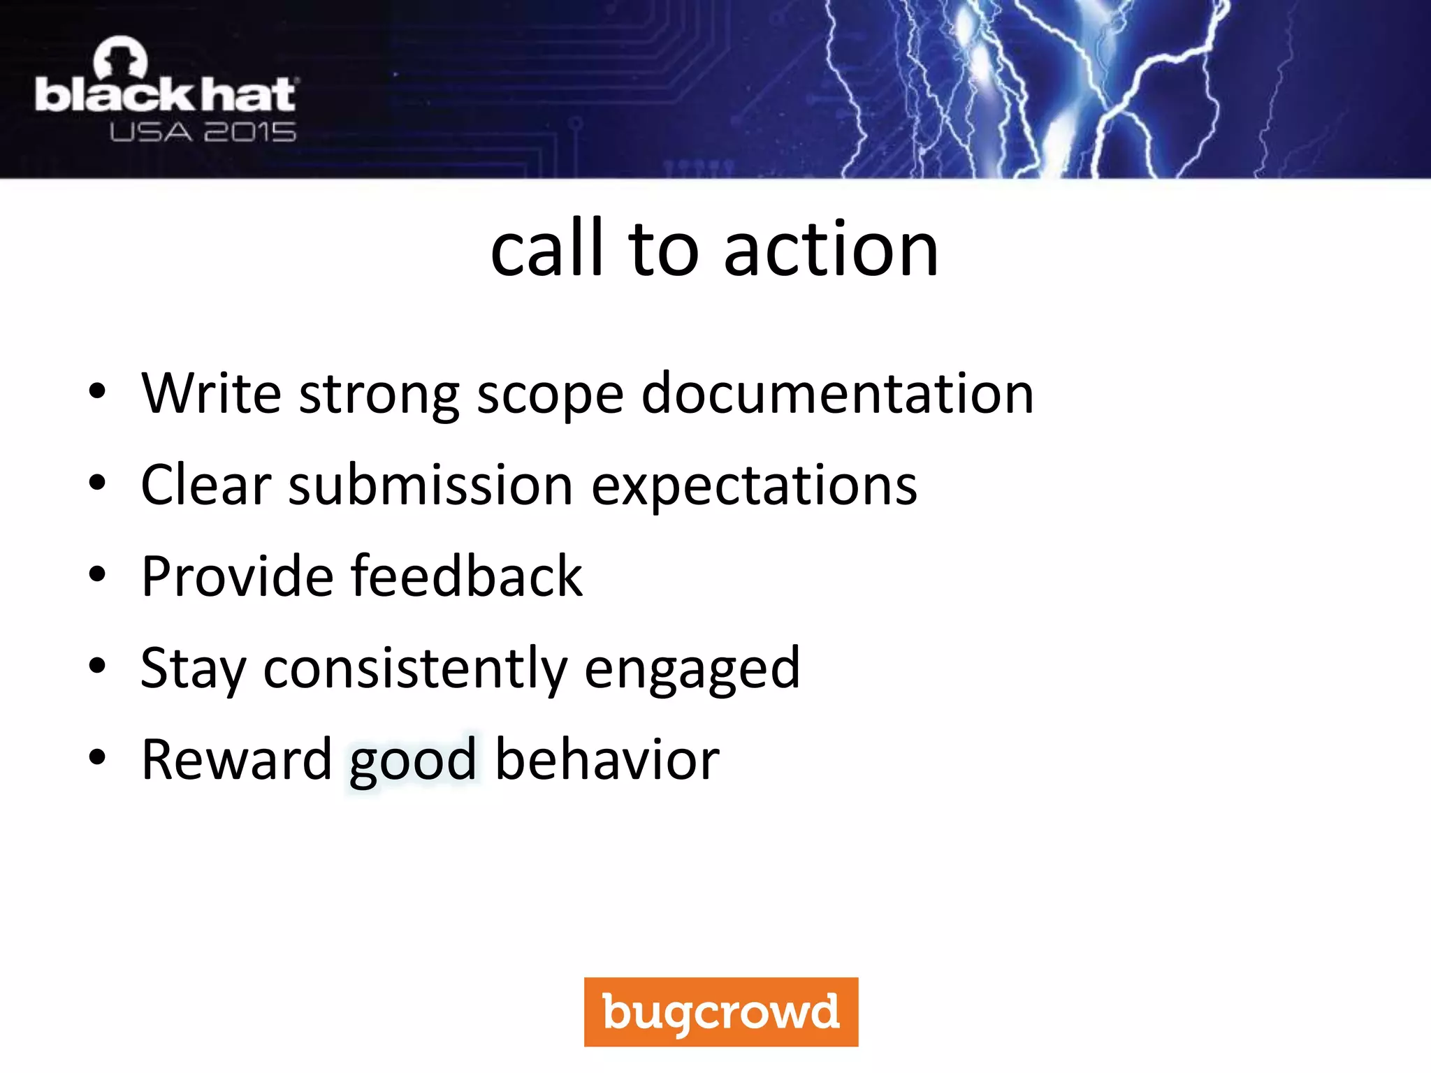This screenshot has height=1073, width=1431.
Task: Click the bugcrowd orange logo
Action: [720, 1012]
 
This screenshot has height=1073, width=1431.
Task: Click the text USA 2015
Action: [203, 132]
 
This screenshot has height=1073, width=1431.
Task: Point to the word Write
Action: [210, 393]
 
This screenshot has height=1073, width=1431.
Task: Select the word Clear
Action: [205, 485]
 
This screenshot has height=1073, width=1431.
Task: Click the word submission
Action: [430, 485]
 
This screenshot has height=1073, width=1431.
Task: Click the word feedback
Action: [466, 576]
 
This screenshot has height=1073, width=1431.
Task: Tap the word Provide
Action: [237, 576]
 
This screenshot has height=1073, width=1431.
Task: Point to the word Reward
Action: [236, 759]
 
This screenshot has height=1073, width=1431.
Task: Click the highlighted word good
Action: [413, 762]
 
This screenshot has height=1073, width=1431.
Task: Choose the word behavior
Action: [606, 759]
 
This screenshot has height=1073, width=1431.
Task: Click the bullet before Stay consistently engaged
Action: [97, 666]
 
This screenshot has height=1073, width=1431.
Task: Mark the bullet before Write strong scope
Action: [97, 391]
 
